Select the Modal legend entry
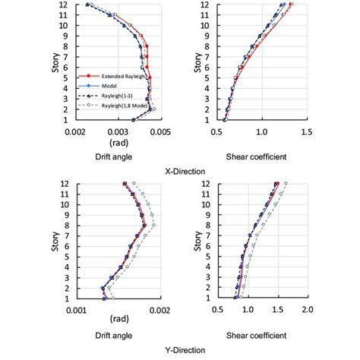pos(108,87)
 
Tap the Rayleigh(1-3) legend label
pos(114,97)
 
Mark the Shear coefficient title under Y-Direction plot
pos(257,335)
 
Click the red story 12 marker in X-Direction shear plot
pos(292,5)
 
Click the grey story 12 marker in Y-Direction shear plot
pos(286,184)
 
